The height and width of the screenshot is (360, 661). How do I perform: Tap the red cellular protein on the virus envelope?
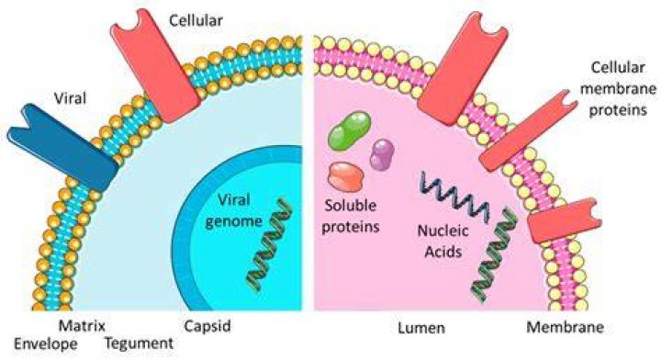pos(155,67)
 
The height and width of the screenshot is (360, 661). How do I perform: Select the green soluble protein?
pos(350,130)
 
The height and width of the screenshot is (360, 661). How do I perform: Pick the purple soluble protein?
pos(382,154)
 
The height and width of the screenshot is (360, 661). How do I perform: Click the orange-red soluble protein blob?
pos(346,176)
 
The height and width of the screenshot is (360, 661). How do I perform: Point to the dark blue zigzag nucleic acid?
pos(455,197)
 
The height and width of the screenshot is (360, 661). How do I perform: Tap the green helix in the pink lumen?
pos(492,255)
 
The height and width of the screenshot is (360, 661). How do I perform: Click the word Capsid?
pos(207,326)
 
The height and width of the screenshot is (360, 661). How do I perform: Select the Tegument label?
pos(140,343)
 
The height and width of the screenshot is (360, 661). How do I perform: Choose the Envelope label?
pos(46,344)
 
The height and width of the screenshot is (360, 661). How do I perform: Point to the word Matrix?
pos(82,325)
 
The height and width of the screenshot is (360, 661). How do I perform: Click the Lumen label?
pos(421,328)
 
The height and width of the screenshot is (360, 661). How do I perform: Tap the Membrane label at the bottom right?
pos(565,327)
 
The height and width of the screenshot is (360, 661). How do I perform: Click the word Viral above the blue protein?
pos(70,98)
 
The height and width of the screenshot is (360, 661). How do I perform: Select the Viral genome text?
pos(234,210)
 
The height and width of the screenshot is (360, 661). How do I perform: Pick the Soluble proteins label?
pos(351,216)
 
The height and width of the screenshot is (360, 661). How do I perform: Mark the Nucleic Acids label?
pos(443,242)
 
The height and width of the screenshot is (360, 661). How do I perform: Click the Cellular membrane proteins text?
pos(618,88)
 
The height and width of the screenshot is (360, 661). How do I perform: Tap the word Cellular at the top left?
pos(196,20)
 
